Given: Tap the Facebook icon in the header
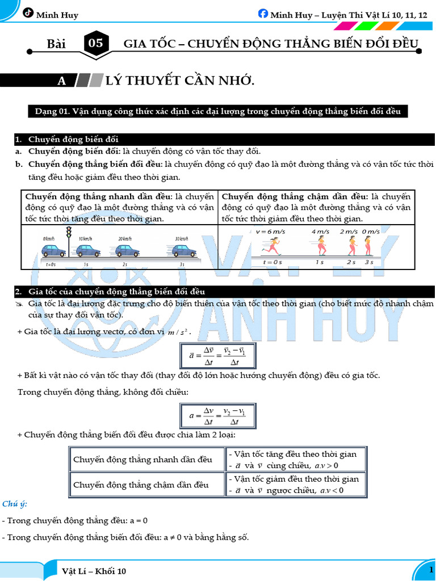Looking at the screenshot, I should tap(263, 14).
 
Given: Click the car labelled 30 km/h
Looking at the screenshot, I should tap(184, 250).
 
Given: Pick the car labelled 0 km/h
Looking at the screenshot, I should tap(53, 250).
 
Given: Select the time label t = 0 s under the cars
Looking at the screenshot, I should tap(49, 264).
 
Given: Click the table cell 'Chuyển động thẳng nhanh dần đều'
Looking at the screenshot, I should tap(142, 459).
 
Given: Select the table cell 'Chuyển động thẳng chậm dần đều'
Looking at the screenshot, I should tap(141, 485).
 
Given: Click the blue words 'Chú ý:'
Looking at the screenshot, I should tap(14, 504).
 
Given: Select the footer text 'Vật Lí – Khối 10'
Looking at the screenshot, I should tap(94, 571).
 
